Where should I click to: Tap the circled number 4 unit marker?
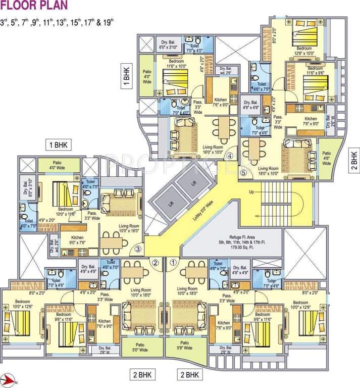tap(230, 156)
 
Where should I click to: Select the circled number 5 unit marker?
tap(243, 172)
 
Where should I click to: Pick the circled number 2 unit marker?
tap(156, 262)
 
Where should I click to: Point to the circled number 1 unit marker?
tap(173, 262)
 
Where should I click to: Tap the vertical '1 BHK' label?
tap(127, 75)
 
